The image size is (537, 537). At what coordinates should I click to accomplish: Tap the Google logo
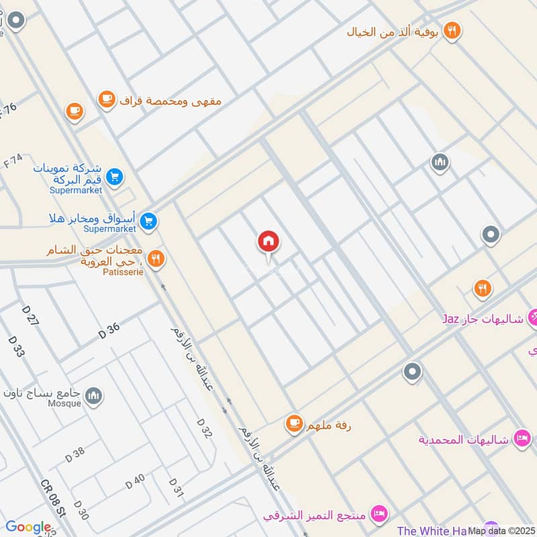click(x=28, y=528)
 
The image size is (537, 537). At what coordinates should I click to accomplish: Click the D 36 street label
click(x=109, y=330)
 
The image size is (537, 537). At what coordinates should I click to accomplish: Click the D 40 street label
click(x=135, y=481)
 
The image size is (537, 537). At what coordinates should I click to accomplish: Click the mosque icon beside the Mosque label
click(x=94, y=396)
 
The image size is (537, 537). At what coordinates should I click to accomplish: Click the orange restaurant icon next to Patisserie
click(x=156, y=259)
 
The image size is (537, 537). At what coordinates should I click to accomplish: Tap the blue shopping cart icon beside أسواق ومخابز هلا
click(x=149, y=220)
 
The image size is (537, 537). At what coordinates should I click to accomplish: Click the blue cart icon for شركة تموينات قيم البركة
click(x=115, y=177)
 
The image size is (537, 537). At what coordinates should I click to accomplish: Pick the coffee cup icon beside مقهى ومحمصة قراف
click(x=106, y=100)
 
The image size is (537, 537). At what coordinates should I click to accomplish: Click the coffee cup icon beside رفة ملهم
click(x=293, y=423)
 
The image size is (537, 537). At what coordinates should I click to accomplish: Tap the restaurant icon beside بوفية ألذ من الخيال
click(x=452, y=30)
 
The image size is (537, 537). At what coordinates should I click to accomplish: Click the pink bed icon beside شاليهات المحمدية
click(x=520, y=439)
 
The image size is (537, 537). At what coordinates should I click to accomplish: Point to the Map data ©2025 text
click(x=501, y=530)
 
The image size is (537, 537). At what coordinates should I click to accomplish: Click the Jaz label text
click(x=450, y=318)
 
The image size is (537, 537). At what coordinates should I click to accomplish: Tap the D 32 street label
click(x=205, y=428)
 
